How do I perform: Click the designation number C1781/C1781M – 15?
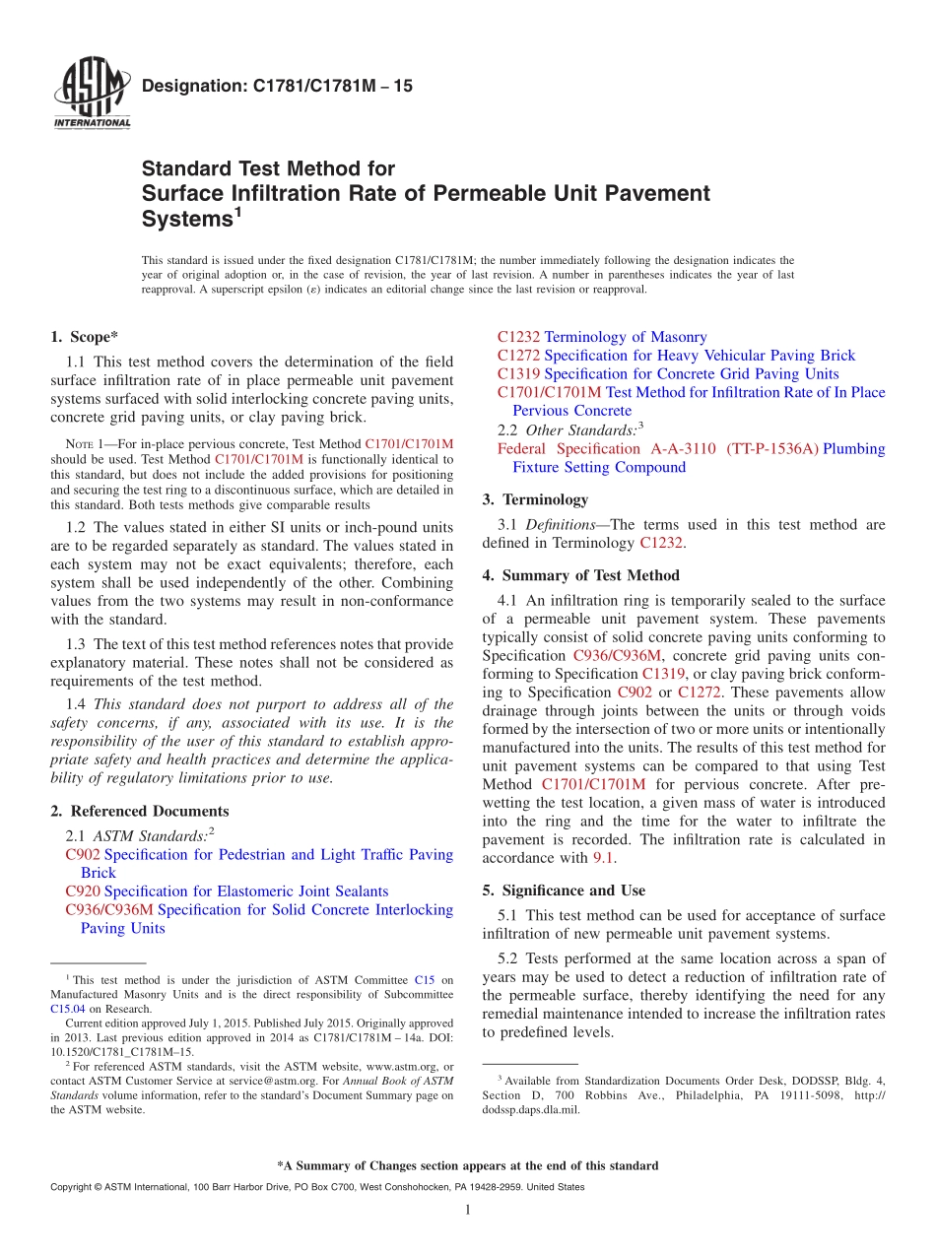pos(277,87)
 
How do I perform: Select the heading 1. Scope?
pos(85,337)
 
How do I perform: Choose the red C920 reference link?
pos(82,891)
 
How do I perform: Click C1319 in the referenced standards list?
pos(518,373)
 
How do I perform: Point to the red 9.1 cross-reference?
pos(603,858)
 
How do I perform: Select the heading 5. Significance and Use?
pos(564,890)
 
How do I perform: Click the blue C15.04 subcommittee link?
pos(68,1009)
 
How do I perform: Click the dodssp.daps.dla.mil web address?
pos(531,1109)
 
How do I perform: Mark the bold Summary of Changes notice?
pos(467,1165)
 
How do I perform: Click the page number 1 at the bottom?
pos(467,1210)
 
